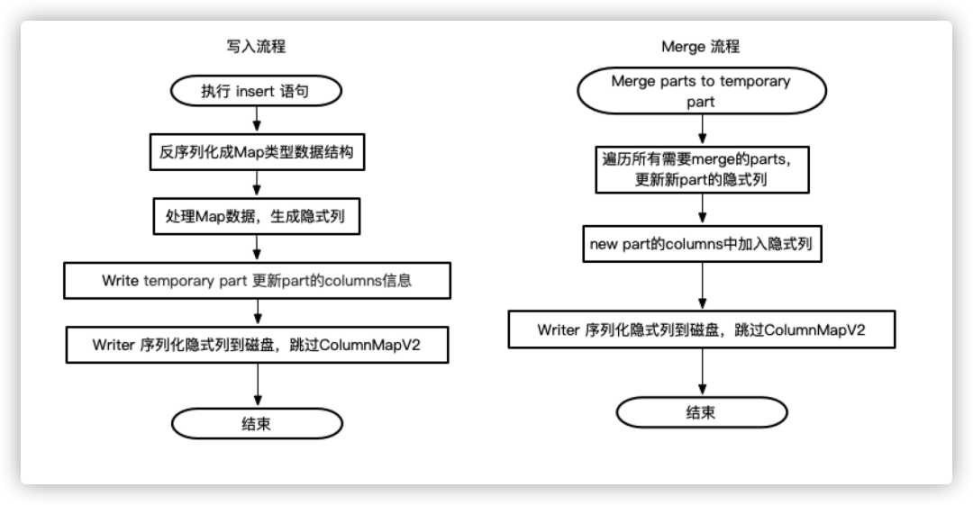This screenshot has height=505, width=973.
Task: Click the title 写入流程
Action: click(257, 46)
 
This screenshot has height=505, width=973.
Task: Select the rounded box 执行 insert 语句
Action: click(257, 90)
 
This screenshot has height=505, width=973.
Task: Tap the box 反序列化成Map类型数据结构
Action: click(257, 154)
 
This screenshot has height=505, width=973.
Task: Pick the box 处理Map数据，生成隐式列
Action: click(257, 217)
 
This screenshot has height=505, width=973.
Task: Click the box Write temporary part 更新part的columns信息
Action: click(257, 281)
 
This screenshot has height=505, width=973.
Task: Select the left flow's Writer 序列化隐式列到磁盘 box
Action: click(257, 345)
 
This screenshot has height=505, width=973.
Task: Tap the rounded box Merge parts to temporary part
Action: click(700, 91)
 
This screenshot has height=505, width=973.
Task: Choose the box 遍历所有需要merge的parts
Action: click(700, 168)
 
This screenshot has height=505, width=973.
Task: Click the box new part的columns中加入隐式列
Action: click(700, 244)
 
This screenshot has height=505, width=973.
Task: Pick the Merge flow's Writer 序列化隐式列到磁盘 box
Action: click(700, 329)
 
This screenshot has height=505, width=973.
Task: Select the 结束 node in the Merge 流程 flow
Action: click(700, 412)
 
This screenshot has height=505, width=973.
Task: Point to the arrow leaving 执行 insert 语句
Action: click(258, 118)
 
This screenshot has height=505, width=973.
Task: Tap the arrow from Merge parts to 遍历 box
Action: click(701, 128)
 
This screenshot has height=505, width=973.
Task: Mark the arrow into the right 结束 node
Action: click(701, 372)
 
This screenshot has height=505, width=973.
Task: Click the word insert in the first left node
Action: click(259, 90)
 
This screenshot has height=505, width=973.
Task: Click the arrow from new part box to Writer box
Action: click(701, 286)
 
